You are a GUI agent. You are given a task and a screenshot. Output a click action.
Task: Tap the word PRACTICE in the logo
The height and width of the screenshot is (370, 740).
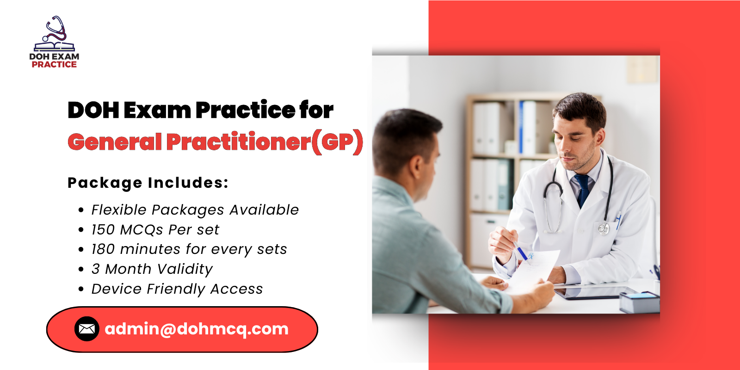coord(54,65)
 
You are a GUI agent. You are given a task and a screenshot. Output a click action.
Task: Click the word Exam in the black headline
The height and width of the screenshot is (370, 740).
coord(157,110)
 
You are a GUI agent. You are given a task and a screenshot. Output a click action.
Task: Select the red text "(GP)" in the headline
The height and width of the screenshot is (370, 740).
coord(337,142)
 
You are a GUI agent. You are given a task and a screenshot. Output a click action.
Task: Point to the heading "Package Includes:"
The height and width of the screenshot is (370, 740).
coord(148,183)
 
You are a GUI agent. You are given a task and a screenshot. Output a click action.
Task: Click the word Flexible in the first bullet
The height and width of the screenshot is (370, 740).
coord(119,210)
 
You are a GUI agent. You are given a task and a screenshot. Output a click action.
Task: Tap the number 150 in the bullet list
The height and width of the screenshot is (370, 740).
coord(103,230)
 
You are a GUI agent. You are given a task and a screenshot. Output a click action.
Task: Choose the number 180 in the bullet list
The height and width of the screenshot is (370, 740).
coord(103,249)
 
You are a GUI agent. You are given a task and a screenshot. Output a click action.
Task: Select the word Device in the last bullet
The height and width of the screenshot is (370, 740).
coord(117,289)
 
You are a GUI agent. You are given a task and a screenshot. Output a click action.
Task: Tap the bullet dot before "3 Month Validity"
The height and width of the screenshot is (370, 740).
coord(81,269)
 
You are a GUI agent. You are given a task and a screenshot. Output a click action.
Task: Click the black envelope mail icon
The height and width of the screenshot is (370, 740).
coord(87,329)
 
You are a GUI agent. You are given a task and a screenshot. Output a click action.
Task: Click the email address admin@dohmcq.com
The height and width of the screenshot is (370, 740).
coord(197,329)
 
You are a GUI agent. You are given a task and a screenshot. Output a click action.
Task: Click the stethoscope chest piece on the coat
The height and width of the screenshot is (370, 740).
coord(604,228)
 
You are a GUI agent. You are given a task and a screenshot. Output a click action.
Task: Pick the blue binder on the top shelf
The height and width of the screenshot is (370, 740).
coord(522,127)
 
